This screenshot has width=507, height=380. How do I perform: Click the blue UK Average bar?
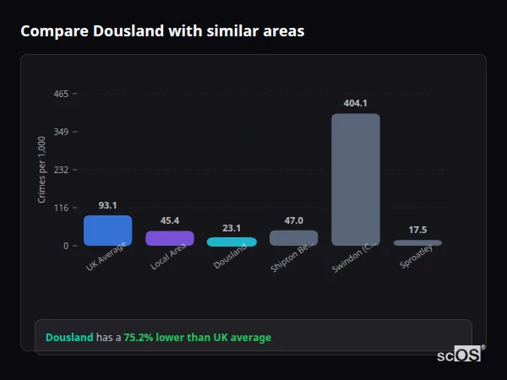[107, 231]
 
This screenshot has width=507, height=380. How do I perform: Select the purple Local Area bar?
[169, 238]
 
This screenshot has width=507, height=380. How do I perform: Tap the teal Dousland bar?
[232, 242]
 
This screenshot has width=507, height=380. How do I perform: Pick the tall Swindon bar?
[355, 179]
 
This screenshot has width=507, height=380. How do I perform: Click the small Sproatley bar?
[417, 243]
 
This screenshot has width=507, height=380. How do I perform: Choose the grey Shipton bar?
[293, 238]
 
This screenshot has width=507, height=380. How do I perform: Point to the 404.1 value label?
[355, 103]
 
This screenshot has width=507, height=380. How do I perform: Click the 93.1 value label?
[107, 205]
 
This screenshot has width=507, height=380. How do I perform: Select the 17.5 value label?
[417, 230]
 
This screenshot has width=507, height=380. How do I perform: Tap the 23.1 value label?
[232, 228]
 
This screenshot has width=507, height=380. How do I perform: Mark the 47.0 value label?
[293, 220]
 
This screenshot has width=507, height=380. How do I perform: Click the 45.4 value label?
[169, 221]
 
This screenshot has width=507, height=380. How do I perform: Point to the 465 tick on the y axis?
[61, 94]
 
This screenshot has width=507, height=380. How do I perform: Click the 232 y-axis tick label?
[61, 170]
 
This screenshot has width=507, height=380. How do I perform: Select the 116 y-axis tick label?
[61, 208]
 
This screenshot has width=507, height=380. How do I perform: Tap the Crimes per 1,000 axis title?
[41, 170]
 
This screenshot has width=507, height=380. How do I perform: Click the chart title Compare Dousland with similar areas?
[162, 31]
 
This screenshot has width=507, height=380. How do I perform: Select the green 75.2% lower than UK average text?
[197, 338]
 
